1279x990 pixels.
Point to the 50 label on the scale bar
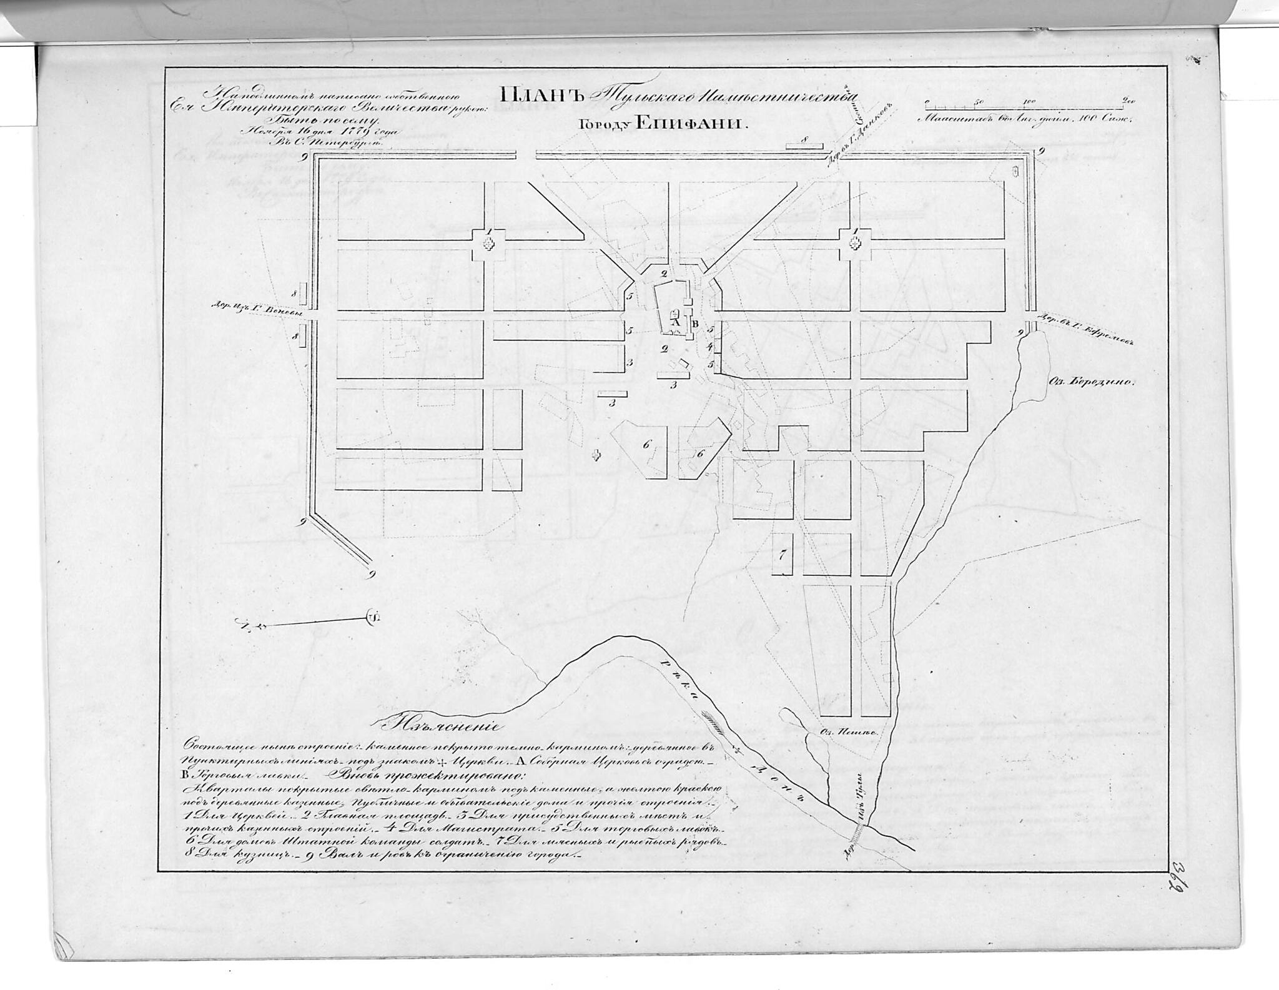(x=979, y=101)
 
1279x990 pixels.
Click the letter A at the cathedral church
(x=674, y=324)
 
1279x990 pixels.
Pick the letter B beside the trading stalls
(x=695, y=324)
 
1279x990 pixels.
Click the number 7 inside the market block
(x=781, y=554)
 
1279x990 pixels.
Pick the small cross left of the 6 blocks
(x=597, y=455)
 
